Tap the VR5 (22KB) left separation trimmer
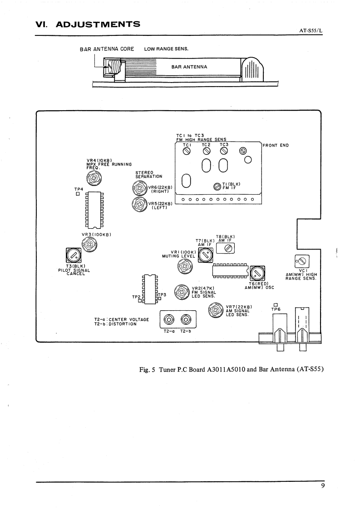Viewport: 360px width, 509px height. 138,204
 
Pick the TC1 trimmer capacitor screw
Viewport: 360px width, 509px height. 186,151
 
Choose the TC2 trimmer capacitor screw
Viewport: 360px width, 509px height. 206,151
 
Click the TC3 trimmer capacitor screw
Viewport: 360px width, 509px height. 224,151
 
